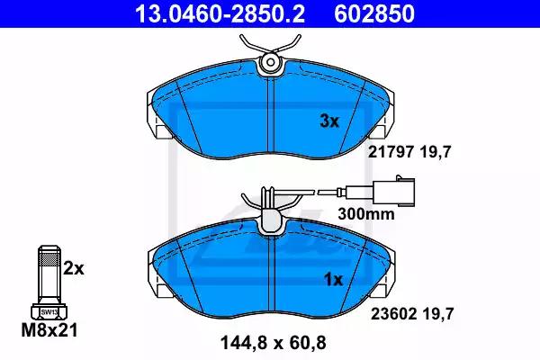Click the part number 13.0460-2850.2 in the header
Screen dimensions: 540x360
tap(220, 13)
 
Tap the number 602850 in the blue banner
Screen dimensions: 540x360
tap(374, 13)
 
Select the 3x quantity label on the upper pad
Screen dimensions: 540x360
tap(329, 121)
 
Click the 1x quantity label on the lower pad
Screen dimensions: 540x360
tap(333, 280)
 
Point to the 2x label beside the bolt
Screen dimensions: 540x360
tap(74, 268)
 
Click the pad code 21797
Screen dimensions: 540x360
tap(391, 151)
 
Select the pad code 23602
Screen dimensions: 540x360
tap(394, 314)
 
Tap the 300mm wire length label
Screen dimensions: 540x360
tap(366, 214)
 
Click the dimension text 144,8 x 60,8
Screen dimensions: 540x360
tap(273, 343)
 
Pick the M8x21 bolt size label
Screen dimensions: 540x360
tap(49, 330)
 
